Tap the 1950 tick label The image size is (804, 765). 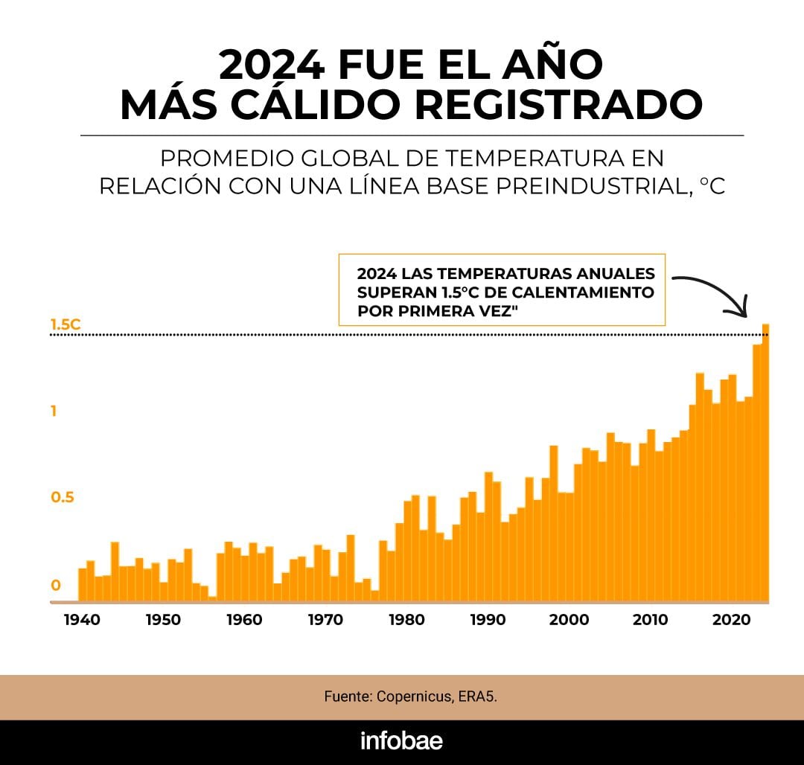[x=162, y=620]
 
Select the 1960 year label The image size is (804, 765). [x=244, y=620]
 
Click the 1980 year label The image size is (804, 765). [x=406, y=620]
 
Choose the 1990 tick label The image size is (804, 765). [x=488, y=620]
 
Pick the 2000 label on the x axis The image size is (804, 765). [x=569, y=620]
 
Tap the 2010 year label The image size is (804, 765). [x=651, y=620]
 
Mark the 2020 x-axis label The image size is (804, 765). [x=733, y=620]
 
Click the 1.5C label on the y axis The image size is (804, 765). [x=65, y=324]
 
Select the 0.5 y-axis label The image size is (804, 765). [x=63, y=498]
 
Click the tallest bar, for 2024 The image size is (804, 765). [x=765, y=461]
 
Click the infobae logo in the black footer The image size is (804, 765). [x=401, y=741]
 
